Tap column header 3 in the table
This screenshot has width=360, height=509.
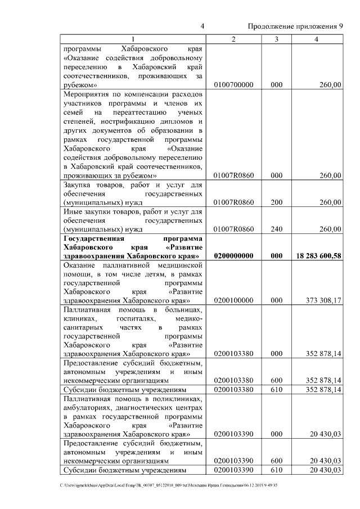[276, 39]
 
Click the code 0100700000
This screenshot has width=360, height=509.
[234, 84]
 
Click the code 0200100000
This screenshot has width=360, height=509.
[234, 300]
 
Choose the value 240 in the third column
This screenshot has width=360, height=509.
[276, 229]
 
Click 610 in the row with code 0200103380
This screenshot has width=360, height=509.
[276, 389]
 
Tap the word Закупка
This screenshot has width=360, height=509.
[78, 185]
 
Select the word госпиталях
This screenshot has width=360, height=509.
[119, 318]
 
